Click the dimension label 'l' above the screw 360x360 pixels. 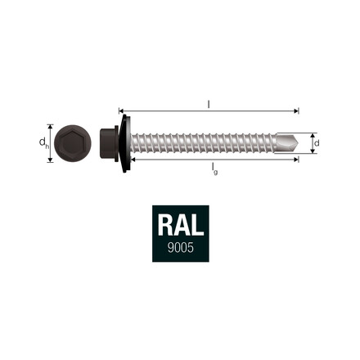[x=209, y=103]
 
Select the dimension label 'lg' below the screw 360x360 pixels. [x=214, y=168]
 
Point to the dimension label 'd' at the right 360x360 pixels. [x=317, y=143]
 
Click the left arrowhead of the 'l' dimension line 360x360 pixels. [x=122, y=110]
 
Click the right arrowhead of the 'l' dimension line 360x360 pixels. [x=297, y=110]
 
